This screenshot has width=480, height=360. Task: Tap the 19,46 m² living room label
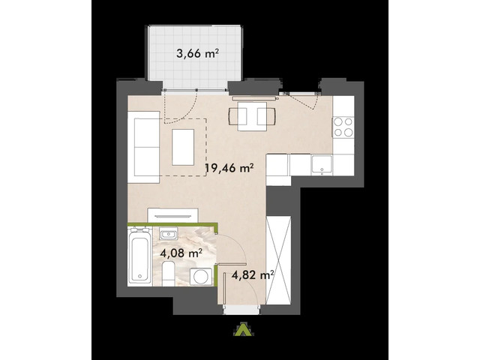pyautogui.click(x=229, y=169)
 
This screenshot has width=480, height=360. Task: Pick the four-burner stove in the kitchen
pyautogui.click(x=343, y=127)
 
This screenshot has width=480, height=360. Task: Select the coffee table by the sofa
pyautogui.click(x=184, y=147)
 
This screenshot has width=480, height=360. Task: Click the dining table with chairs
pyautogui.click(x=250, y=115)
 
